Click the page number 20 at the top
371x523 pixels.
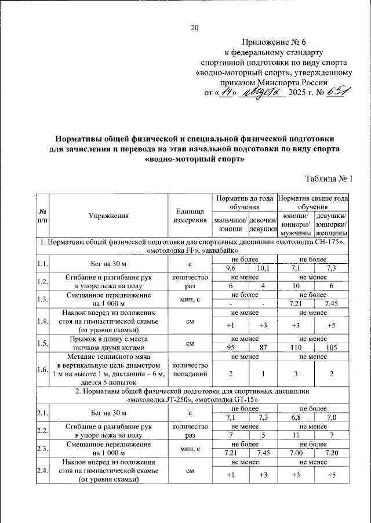pos(195,27)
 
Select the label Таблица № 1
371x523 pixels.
pos(329,179)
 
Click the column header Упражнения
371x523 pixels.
pos(108,216)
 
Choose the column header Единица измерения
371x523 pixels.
pos(190,216)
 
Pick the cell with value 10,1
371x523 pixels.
pos(263,267)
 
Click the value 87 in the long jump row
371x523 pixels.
pos(263,348)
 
